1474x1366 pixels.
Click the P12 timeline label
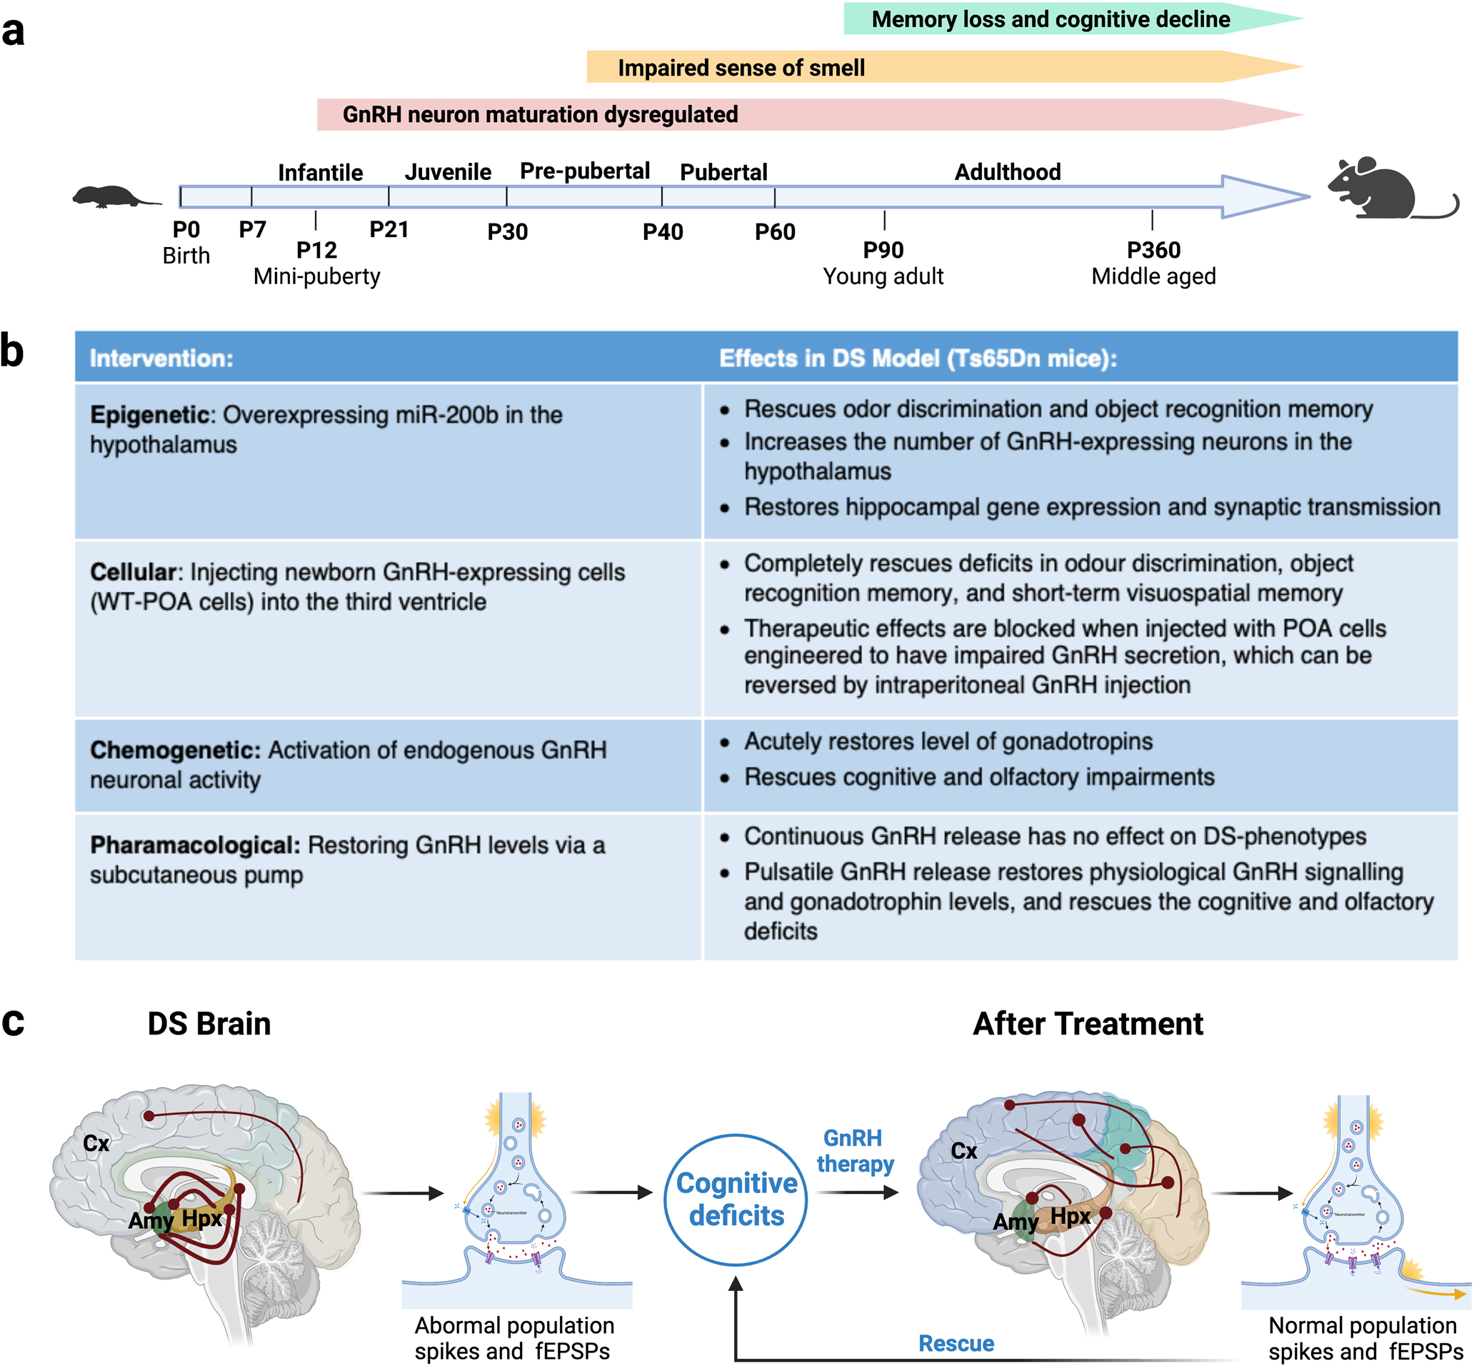(316, 250)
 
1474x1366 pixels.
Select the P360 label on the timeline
(1153, 250)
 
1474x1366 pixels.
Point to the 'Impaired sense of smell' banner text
(741, 68)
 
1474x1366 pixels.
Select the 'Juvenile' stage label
(447, 172)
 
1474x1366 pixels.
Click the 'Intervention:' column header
(161, 358)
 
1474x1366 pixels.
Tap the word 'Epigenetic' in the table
(150, 415)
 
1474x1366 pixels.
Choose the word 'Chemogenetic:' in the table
(175, 750)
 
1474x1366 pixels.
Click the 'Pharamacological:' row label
(194, 845)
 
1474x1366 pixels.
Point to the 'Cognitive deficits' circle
(736, 1199)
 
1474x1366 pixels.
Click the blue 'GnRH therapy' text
(855, 1151)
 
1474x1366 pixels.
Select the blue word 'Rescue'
(955, 1343)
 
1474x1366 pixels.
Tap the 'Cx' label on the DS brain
(96, 1143)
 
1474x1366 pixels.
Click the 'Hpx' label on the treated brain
(1070, 1216)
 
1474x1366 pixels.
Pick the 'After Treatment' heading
(1088, 1024)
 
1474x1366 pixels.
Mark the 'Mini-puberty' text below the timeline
(316, 276)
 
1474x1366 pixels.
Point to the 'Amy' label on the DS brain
(150, 1220)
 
